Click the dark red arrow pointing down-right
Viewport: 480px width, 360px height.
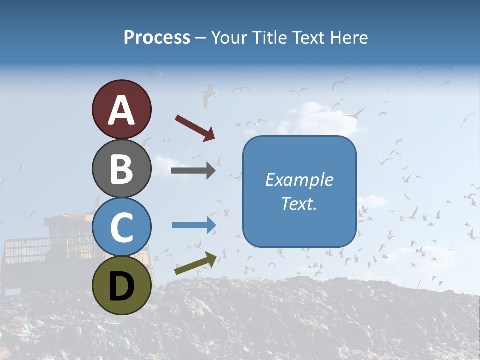point(195,128)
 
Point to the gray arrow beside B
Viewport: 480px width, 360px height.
point(193,171)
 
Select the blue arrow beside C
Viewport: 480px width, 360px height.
point(193,225)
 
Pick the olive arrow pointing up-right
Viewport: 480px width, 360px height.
point(195,263)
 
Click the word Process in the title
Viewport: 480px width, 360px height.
point(157,37)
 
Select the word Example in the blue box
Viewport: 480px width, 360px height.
point(299,180)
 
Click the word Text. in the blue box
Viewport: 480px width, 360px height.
point(299,203)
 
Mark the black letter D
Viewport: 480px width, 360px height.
point(122,286)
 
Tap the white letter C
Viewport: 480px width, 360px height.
point(122,227)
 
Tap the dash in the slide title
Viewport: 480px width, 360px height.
point(201,38)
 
